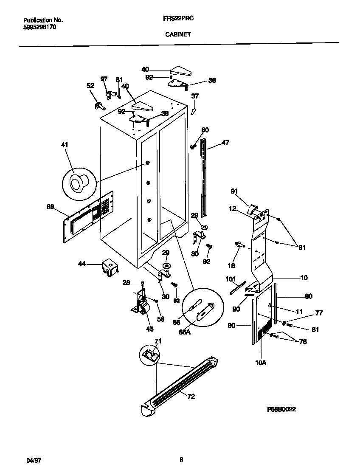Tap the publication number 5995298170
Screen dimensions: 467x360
coord(39,27)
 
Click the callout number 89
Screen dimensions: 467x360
coord(50,207)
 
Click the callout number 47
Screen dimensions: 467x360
coord(225,143)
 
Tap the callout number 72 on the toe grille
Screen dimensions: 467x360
coord(191,396)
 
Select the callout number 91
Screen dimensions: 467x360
coord(233,191)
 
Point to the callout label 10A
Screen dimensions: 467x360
coord(261,362)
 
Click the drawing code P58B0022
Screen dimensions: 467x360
coord(281,409)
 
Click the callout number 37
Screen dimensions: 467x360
coord(195,96)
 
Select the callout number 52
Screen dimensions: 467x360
coord(90,85)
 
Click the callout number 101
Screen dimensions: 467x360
coord(231,279)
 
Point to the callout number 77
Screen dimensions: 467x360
coord(319,313)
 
